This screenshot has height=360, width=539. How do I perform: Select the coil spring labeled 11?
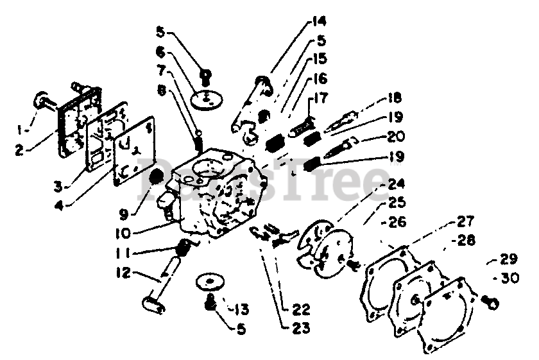pyautogui.click(x=184, y=245)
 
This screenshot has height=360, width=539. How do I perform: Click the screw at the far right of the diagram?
pyautogui.click(x=489, y=298)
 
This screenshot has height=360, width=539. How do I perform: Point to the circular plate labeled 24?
pyautogui.click(x=327, y=242)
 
